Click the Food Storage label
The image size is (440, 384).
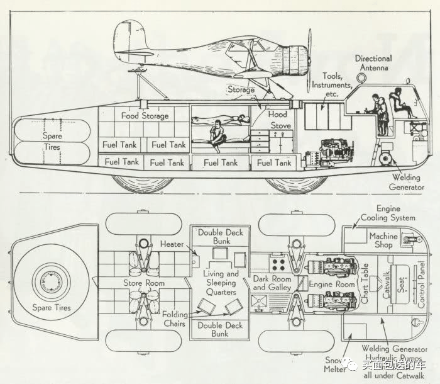pyautogui.click(x=146, y=116)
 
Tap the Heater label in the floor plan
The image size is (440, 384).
pyautogui.click(x=172, y=244)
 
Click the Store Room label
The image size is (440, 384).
pyautogui.click(x=144, y=283)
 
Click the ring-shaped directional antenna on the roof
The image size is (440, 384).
pyautogui.click(x=363, y=77)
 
